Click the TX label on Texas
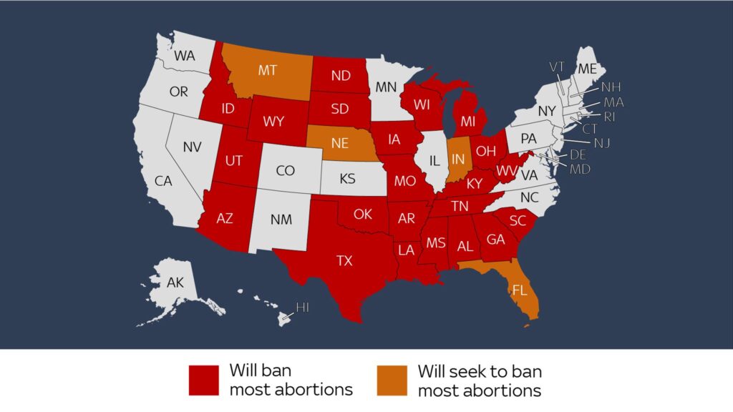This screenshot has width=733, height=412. tap(344, 261)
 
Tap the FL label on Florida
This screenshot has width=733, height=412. tap(519, 290)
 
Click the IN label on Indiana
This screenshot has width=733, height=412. tap(458, 158)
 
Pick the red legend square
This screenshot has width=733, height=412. tap(203, 381)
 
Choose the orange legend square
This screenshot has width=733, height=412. tap(392, 381)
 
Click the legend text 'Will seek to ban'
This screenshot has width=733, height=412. tap(480, 372)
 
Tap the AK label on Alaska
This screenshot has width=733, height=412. tap(175, 283)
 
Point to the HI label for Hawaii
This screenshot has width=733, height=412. tap(303, 308)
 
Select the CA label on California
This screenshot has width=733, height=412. tap(163, 181)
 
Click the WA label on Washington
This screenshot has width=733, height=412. tap(185, 55)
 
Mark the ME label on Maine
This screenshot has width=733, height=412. tap(587, 69)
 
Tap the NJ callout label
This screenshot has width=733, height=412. tap(602, 143)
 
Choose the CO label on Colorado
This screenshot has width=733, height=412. tap(285, 171)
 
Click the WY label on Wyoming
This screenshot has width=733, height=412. tap(273, 122)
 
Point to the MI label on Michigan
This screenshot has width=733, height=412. tap(468, 122)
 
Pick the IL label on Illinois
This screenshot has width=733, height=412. tap(434, 161)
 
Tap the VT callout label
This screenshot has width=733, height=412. tap(558, 67)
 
